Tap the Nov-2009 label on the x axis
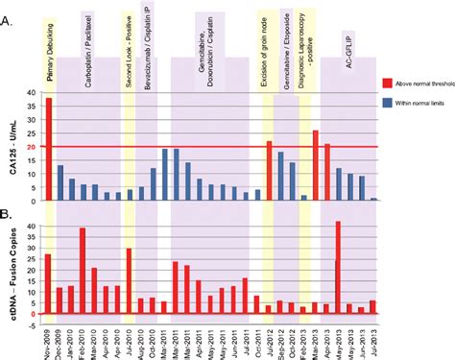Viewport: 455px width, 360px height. coord(47,338)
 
